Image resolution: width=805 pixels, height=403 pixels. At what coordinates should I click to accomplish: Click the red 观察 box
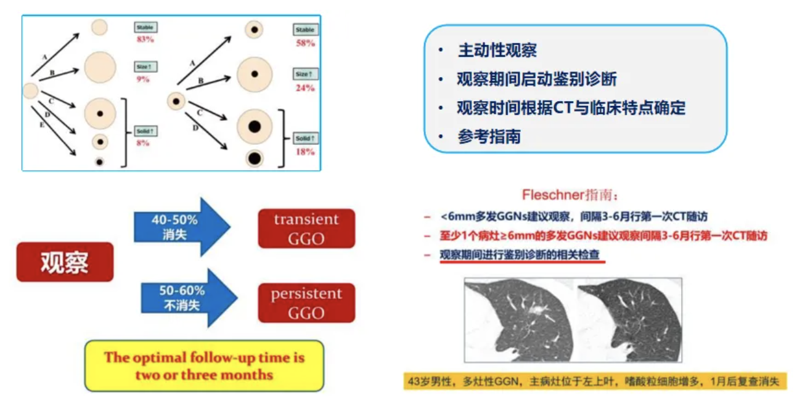(x=65, y=262)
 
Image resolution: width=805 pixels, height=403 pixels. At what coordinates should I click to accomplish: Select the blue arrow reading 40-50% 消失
(x=179, y=227)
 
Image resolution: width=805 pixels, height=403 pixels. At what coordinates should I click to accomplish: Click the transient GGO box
(x=306, y=229)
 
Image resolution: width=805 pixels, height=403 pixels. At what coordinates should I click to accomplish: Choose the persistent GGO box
(x=306, y=303)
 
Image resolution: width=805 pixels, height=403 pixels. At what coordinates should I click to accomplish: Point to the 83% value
(x=145, y=39)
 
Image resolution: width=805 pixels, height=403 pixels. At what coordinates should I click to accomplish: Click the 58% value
(x=305, y=43)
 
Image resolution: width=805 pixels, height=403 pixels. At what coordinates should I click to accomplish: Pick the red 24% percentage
(x=305, y=88)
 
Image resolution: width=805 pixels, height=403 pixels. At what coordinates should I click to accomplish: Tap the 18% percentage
(x=305, y=152)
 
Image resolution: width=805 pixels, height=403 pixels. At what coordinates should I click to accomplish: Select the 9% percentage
(x=143, y=79)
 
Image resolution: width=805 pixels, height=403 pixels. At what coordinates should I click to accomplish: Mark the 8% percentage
(x=143, y=143)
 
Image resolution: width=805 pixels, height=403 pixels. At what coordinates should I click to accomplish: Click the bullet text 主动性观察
(x=497, y=51)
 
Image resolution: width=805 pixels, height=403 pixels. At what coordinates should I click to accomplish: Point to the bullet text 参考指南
(x=489, y=137)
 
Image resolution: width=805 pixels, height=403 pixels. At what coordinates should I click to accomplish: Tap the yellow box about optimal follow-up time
(x=204, y=365)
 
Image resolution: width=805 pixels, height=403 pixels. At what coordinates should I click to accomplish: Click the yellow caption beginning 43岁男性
(x=592, y=381)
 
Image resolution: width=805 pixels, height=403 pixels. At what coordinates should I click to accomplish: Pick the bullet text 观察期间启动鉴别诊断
(x=536, y=79)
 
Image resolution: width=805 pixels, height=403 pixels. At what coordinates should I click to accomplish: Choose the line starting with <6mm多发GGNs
(x=573, y=216)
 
